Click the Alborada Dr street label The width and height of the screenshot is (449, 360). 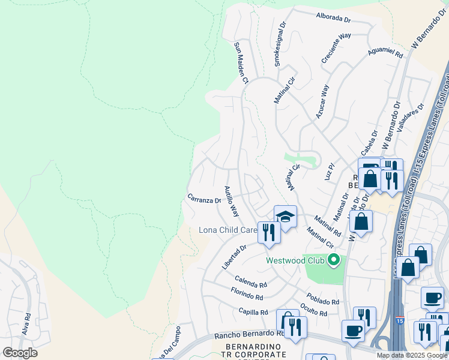(x=332, y=17)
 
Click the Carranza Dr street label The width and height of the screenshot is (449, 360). (x=204, y=198)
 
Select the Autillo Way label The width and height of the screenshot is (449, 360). (x=231, y=201)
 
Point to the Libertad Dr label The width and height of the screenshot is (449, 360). (x=234, y=257)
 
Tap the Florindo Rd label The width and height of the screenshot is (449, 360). (x=247, y=294)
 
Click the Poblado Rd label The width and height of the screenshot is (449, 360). (x=323, y=299)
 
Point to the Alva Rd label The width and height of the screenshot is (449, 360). (x=26, y=325)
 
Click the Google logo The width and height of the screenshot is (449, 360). (x=20, y=353)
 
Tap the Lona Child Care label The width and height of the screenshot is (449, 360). (x=228, y=230)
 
